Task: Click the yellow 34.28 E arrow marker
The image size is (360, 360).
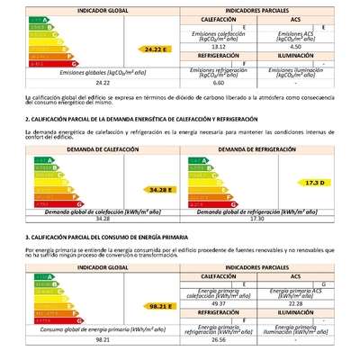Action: pos(162,190)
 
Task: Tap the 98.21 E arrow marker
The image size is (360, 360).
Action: pos(161,306)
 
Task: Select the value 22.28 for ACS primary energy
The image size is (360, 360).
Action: pos(296,303)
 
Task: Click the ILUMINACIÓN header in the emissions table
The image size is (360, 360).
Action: pos(296,55)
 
